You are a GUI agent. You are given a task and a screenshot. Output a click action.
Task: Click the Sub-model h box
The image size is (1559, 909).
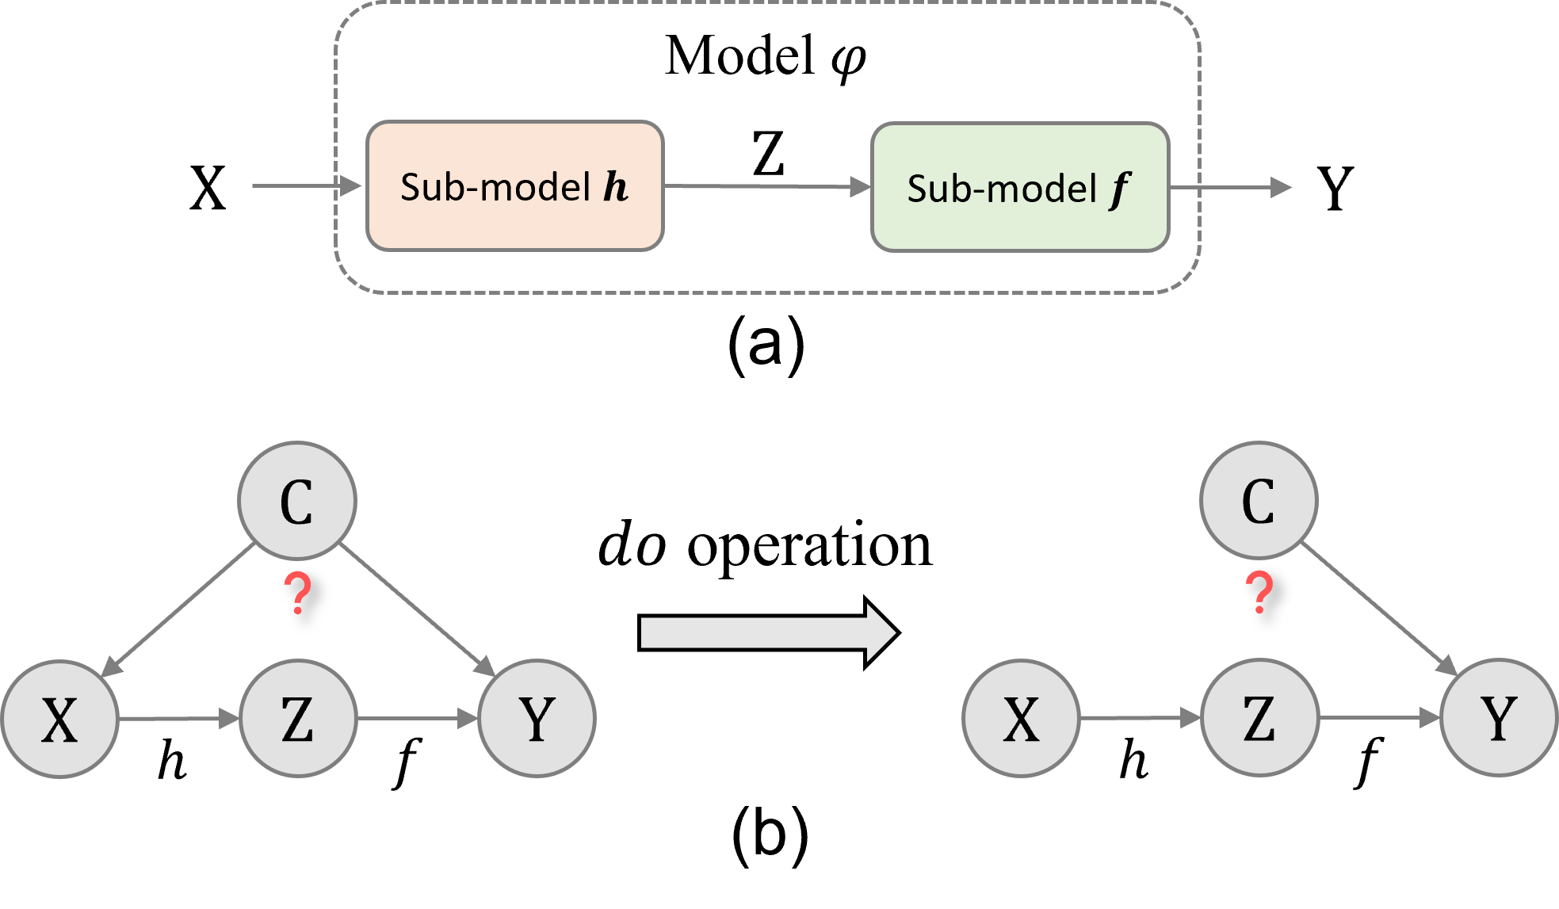click(x=514, y=186)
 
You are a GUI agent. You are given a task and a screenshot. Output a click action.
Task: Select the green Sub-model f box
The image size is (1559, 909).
click(x=1020, y=187)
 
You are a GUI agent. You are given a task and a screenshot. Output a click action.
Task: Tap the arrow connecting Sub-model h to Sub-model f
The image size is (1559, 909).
click(x=767, y=186)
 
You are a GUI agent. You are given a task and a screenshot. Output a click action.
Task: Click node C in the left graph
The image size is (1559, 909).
click(x=297, y=501)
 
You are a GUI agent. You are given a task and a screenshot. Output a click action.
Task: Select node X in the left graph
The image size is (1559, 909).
click(x=60, y=719)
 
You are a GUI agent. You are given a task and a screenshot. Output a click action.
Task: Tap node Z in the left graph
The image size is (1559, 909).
click(x=298, y=719)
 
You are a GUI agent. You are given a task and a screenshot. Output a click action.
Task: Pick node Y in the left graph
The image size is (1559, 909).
click(x=537, y=719)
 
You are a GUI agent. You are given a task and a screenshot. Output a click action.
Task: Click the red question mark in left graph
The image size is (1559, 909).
click(x=298, y=594)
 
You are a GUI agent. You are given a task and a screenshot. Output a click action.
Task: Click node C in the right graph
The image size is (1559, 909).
click(x=1259, y=501)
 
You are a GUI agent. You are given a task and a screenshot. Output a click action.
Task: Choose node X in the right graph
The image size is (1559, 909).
click(x=1021, y=719)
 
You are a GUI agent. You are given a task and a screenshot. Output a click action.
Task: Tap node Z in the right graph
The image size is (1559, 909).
click(x=1259, y=719)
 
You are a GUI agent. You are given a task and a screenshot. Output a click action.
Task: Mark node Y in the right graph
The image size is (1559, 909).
click(x=1499, y=718)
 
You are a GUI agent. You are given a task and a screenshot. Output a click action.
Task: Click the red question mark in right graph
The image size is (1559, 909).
click(x=1259, y=594)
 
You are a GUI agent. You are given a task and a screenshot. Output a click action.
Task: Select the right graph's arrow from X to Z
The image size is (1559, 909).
click(x=1140, y=719)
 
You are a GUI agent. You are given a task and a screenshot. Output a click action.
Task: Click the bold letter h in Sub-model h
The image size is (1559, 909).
click(x=616, y=187)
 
